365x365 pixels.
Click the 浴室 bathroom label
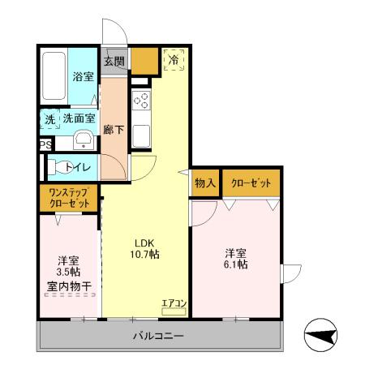click(83, 77)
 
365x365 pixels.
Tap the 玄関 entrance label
click(114, 61)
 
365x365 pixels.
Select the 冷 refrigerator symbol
click(173, 60)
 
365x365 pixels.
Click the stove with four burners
click(142, 101)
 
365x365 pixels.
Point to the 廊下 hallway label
click(114, 128)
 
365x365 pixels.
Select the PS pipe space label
click(45, 146)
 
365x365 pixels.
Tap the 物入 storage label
click(204, 182)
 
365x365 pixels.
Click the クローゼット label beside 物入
click(252, 182)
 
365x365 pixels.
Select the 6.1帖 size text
click(236, 264)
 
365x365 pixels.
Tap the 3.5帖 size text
click(69, 273)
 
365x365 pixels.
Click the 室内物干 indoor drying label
click(69, 287)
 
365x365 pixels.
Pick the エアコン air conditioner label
click(174, 304)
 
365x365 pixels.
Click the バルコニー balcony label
click(158, 336)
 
